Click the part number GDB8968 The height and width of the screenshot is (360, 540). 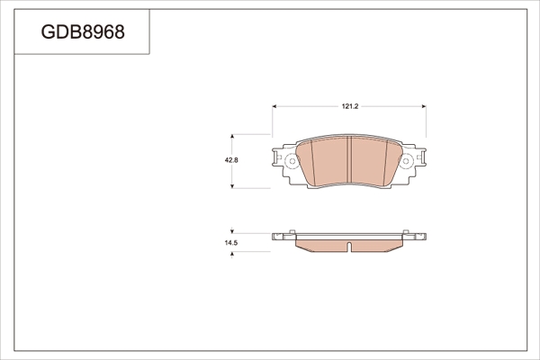pyautogui.click(x=83, y=32)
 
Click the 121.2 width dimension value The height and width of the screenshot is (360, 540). pyautogui.click(x=350, y=106)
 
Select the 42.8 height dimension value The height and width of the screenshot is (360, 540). pyautogui.click(x=231, y=160)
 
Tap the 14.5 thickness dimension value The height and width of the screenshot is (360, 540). pyautogui.click(x=231, y=243)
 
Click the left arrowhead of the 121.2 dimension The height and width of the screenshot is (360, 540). pyautogui.click(x=274, y=106)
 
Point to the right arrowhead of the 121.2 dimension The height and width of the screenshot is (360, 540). pyautogui.click(x=424, y=106)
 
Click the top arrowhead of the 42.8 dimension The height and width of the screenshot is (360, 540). pyautogui.click(x=232, y=137)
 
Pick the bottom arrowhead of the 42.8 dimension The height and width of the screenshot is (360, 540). pyautogui.click(x=232, y=186)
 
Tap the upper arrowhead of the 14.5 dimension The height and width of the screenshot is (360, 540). pyautogui.click(x=232, y=231)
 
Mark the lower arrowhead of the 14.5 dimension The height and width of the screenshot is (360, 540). pyautogui.click(x=232, y=254)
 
